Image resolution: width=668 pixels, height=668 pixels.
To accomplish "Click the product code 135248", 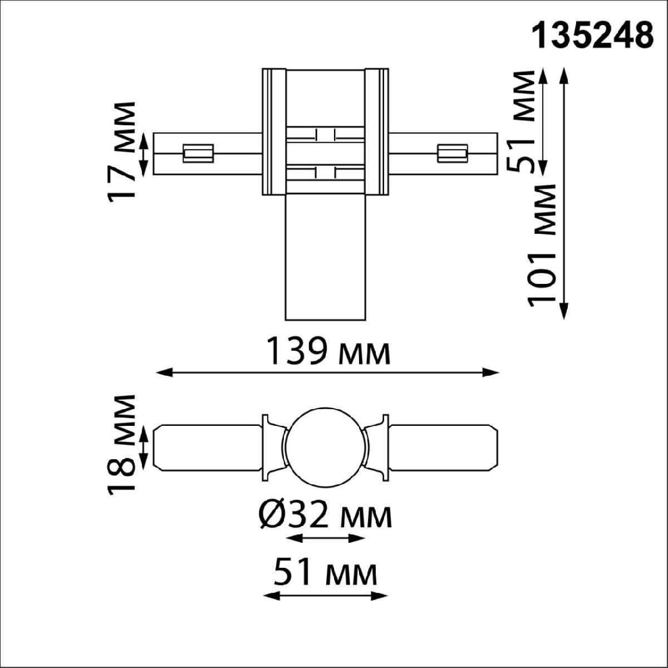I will point(592,36).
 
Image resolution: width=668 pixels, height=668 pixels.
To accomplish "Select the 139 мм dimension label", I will point(328,352).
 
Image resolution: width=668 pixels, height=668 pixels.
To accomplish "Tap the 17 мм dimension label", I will point(122,152).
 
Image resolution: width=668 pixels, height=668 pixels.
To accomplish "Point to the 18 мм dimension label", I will point(122,444).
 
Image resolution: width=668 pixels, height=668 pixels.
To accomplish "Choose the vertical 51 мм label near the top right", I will point(524,121).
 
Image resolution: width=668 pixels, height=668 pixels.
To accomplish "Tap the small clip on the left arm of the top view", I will point(198,153).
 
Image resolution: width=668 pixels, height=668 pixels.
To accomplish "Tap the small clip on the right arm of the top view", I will point(452,153).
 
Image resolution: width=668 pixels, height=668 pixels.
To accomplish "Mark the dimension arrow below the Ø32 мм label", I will point(326,538).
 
